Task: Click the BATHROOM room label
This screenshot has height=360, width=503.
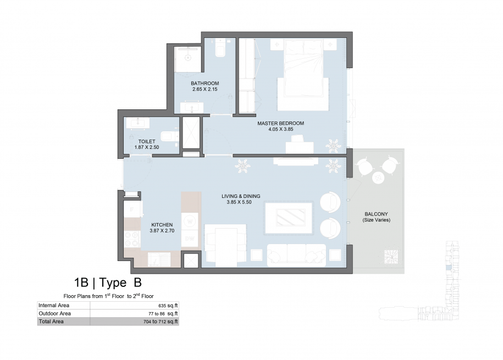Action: click(204, 84)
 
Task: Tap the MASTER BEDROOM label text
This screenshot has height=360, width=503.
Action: click(281, 123)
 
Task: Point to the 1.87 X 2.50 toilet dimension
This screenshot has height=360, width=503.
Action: click(147, 147)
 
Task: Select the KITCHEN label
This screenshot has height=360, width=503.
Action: click(162, 225)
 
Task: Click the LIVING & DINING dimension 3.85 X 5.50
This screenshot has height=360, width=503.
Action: click(239, 202)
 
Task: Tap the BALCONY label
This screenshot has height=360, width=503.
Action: click(376, 214)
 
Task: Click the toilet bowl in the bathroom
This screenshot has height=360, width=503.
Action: click(220, 48)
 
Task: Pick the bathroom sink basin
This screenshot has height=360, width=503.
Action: click(192, 108)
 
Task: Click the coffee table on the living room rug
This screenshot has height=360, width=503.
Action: click(291, 218)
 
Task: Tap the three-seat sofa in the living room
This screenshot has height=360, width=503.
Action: click(296, 254)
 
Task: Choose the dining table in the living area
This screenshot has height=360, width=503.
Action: click(226, 246)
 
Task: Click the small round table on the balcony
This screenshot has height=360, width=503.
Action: click(379, 178)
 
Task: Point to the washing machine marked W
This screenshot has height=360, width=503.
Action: click(190, 221)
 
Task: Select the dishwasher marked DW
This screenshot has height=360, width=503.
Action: click(190, 239)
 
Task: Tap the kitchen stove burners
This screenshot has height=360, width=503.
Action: click(132, 239)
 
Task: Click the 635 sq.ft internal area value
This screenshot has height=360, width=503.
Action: click(168, 306)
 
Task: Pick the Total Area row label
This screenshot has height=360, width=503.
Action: click(51, 322)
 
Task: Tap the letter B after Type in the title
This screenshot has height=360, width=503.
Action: click(137, 283)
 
